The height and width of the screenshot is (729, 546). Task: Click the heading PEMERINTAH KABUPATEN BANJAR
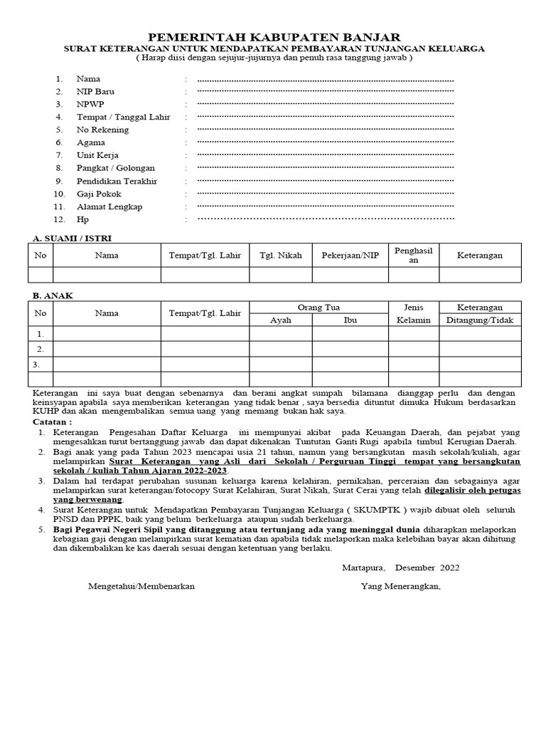pyautogui.click(x=273, y=36)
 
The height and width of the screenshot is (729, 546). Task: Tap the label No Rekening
pyautogui.click(x=102, y=130)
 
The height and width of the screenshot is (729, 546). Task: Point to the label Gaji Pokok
pyautogui.click(x=99, y=194)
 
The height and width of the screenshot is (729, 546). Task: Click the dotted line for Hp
pyautogui.click(x=325, y=220)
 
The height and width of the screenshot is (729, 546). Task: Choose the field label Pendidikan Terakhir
pyautogui.click(x=117, y=181)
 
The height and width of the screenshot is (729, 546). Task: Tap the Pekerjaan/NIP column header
pyautogui.click(x=350, y=255)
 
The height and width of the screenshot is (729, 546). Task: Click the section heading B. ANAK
pyautogui.click(x=53, y=295)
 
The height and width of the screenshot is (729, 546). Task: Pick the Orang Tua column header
pyautogui.click(x=318, y=308)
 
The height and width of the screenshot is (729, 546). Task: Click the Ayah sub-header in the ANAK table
pyautogui.click(x=280, y=320)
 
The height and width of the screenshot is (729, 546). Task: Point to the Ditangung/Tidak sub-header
pyautogui.click(x=479, y=320)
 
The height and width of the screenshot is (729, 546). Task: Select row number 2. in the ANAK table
pyautogui.click(x=41, y=349)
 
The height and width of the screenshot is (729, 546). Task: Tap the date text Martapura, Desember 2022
pyautogui.click(x=397, y=567)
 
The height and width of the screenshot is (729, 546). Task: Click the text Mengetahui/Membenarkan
pyautogui.click(x=141, y=587)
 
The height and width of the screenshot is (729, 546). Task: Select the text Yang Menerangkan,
pyautogui.click(x=400, y=587)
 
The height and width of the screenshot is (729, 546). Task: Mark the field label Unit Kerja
pyautogui.click(x=97, y=155)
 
